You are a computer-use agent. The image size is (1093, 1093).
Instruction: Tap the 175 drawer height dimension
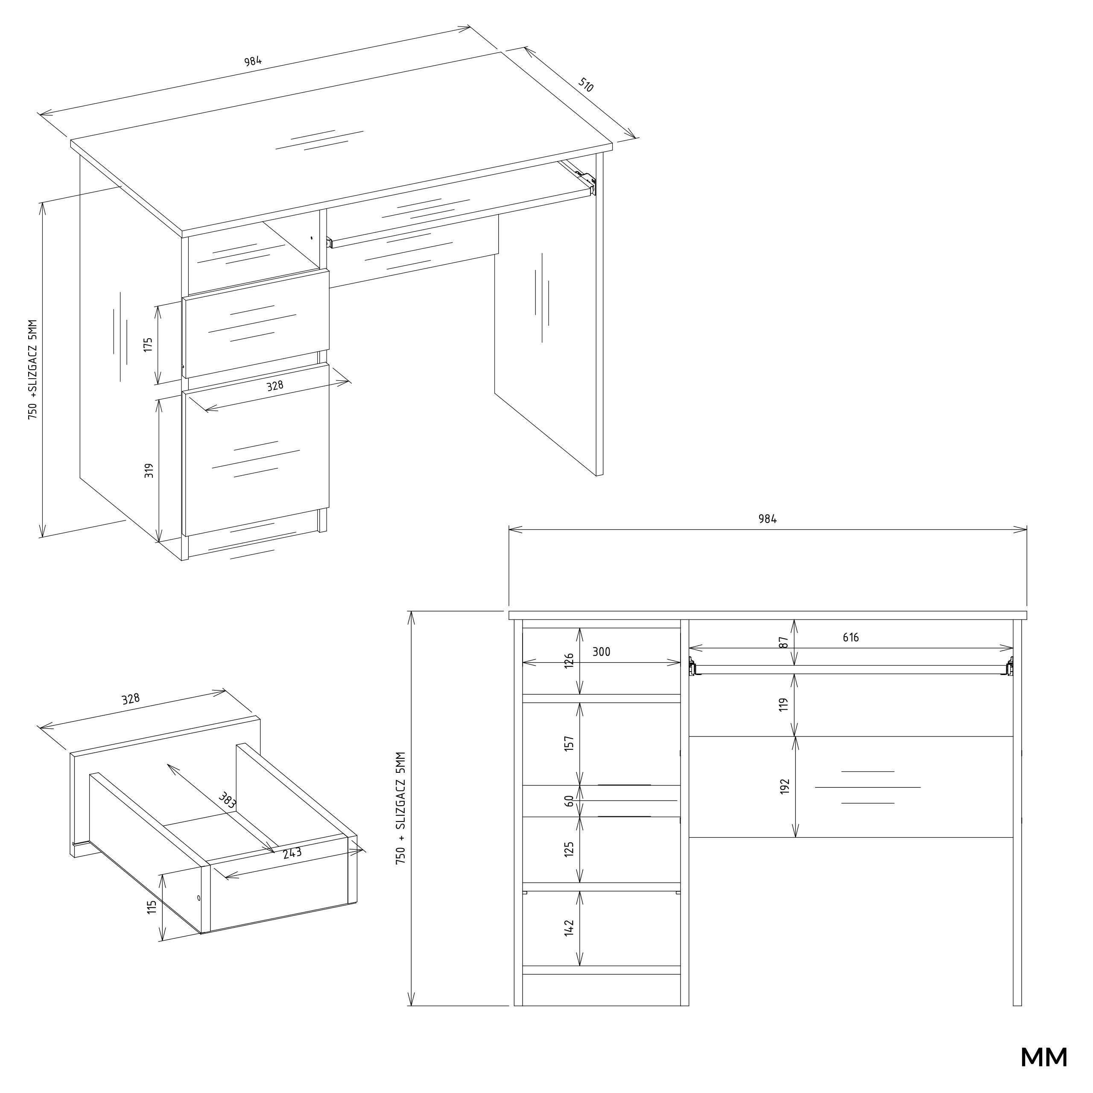tap(148, 345)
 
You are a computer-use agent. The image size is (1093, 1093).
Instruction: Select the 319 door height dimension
tap(149, 471)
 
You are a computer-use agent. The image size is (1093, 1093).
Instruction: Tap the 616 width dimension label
tap(850, 637)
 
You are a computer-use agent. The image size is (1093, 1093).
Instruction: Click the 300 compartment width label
tap(602, 652)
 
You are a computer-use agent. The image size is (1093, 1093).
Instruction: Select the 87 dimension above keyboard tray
tap(783, 643)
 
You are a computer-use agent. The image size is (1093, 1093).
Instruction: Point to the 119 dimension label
tap(783, 704)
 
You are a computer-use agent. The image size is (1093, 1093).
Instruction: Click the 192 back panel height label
tap(785, 786)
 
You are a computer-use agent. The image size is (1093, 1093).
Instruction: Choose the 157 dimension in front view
tap(569, 743)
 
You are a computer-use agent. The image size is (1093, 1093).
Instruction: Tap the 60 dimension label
tap(569, 801)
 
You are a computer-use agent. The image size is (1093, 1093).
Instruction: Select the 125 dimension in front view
tap(569, 849)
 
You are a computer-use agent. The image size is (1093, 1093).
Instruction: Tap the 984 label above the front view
tap(768, 519)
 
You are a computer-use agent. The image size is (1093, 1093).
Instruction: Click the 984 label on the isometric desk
tap(253, 61)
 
